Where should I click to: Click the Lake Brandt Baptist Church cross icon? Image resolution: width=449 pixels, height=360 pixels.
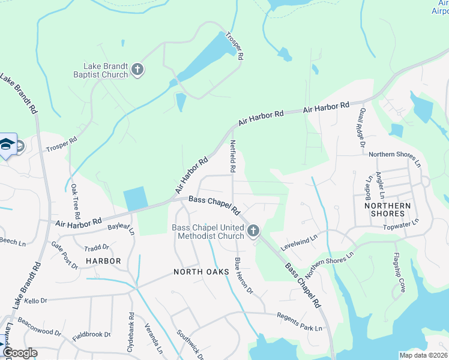pos(137,70)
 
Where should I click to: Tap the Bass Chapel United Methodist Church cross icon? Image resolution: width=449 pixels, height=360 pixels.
pos(253,230)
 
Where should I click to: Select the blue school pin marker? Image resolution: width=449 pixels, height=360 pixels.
pos(7,145)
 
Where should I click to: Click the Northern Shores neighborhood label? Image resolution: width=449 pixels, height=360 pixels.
pos(387,210)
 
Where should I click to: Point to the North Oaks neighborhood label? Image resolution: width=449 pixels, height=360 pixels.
pos(202,272)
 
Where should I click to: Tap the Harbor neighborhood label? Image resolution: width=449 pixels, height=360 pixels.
pos(103,261)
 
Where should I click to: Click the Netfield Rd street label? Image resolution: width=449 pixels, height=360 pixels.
pos(232,157)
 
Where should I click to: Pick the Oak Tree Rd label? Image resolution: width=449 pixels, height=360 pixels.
pos(76,201)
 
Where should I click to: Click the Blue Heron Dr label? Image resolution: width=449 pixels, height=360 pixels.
pos(244,276)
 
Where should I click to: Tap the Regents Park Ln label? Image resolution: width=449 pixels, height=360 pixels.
pos(299,322)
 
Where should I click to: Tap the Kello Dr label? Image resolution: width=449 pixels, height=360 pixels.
pos(37,299)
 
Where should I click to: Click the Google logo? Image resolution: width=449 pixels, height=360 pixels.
pos(19,353)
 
